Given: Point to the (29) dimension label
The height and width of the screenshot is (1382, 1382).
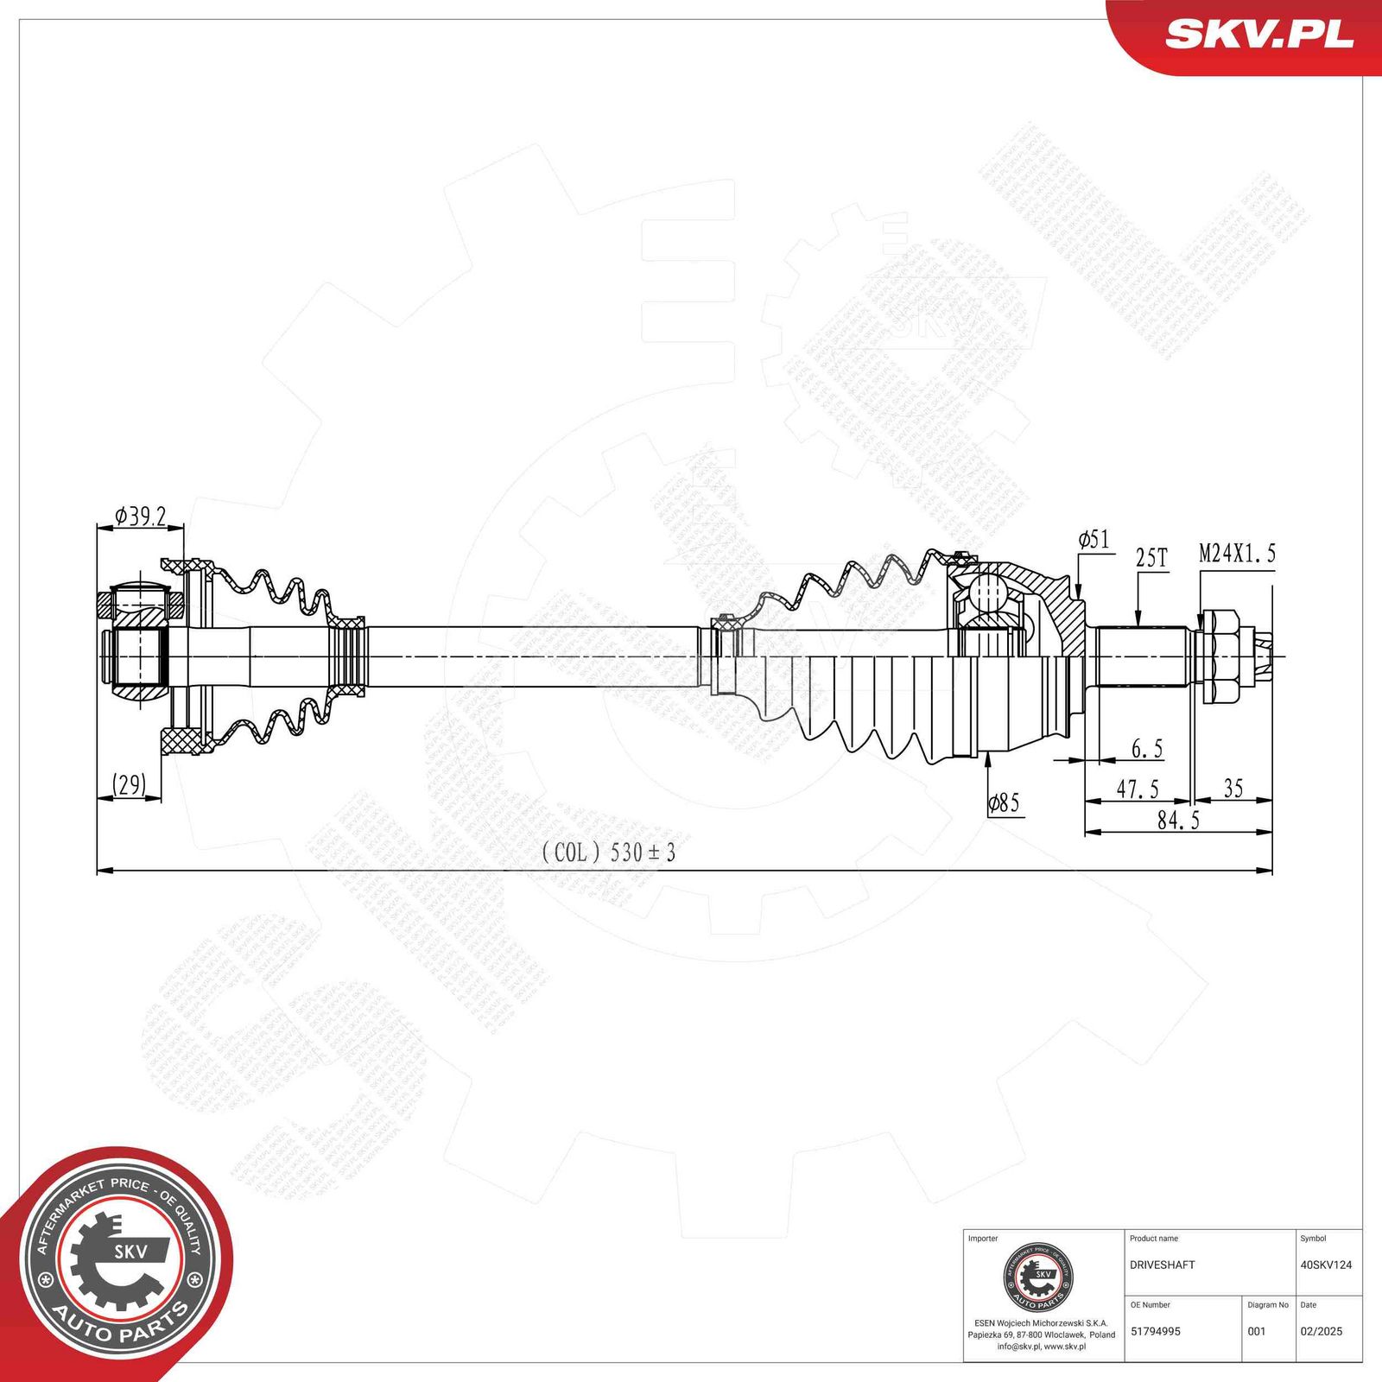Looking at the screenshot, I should pos(129,784).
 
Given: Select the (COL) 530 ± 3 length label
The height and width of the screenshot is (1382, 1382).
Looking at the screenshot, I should pos(608,853).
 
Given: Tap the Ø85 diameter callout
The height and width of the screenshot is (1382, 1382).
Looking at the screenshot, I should pos(1004,803).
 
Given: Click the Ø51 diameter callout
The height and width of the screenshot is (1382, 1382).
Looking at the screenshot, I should pos(1094,540).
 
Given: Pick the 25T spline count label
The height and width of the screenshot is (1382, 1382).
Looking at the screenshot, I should pos(1151,558).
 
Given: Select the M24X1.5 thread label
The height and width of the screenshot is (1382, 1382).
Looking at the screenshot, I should pos(1237,553).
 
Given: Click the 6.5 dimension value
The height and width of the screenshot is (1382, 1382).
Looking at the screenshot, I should pos(1147,749).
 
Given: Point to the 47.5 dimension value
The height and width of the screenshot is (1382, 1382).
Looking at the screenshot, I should pos(1138,789).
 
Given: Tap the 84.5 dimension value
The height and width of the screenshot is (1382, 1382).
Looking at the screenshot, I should pos(1178,821).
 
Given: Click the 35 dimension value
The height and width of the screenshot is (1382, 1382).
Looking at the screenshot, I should pos(1233,788).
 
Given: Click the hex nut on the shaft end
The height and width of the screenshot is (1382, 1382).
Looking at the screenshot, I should pos(1220,655).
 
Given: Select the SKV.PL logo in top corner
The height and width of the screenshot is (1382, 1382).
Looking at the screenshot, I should pos(1258,35).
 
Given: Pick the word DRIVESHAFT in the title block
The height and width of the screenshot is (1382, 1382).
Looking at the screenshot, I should pos(1162,1265).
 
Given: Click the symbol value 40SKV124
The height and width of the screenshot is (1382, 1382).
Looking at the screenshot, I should pos(1326,1265).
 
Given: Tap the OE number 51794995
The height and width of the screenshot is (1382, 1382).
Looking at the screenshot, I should pos(1155,1331).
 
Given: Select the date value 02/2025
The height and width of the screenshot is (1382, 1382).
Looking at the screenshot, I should pos(1321,1331).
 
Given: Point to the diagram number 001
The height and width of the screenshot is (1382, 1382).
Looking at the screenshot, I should pos(1256,1331).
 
